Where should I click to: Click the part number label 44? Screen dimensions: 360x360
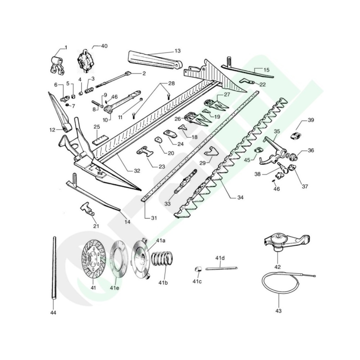coord(53,312)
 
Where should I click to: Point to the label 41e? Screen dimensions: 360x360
coord(114,288)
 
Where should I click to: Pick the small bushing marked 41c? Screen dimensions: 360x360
coord(198,268)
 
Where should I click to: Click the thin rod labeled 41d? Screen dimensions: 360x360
coord(221,267)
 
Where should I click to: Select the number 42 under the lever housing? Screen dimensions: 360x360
coord(278,267)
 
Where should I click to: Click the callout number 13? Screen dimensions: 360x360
coord(177,51)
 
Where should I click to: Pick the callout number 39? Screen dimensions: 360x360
coord(311,120)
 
